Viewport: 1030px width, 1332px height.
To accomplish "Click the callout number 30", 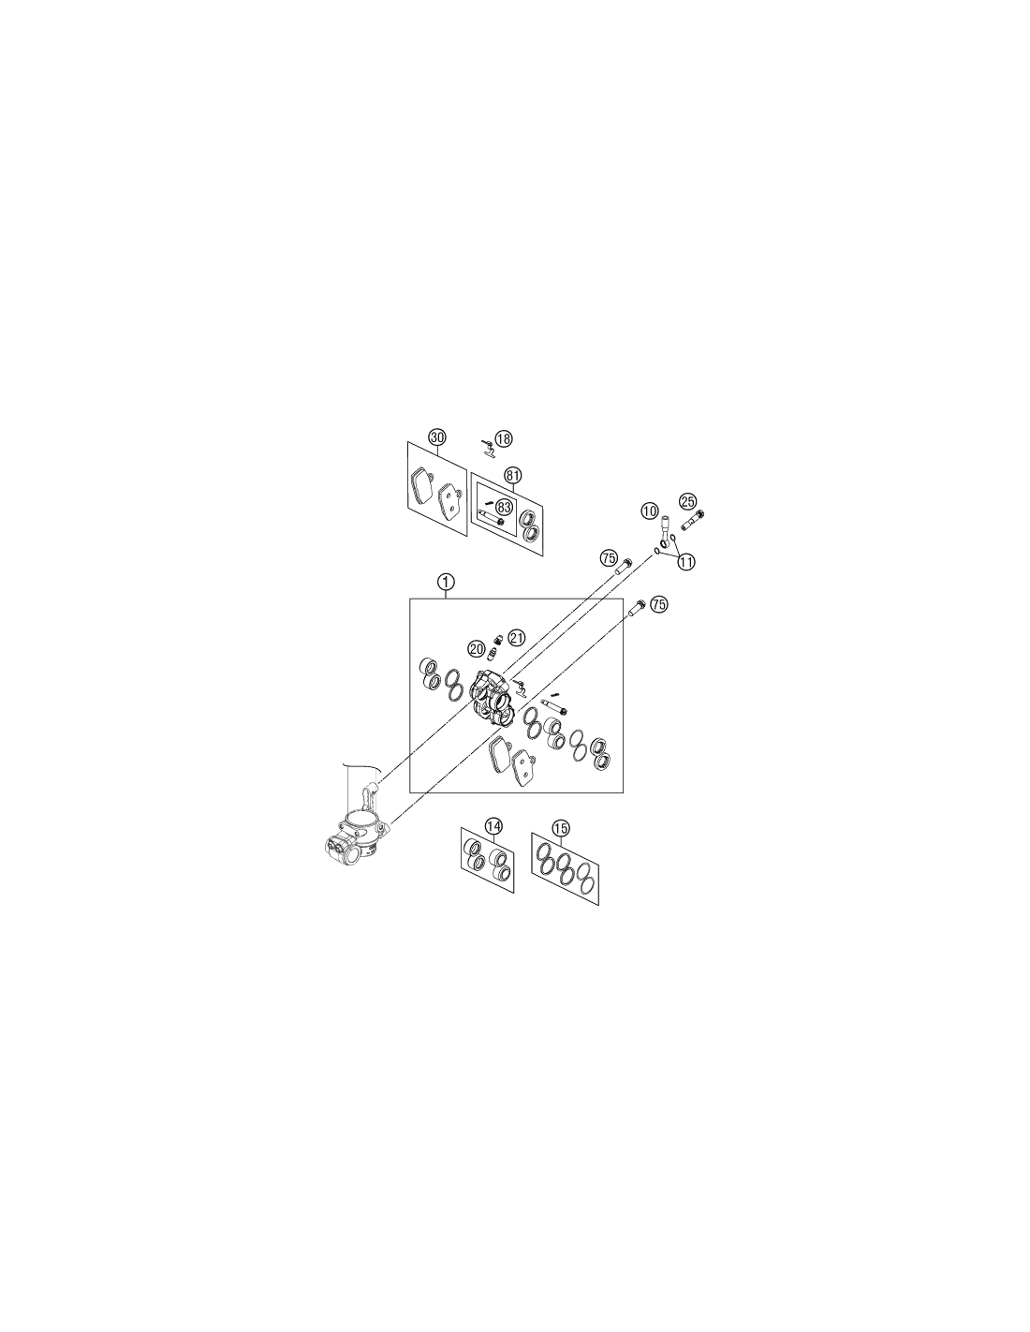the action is pyautogui.click(x=436, y=437).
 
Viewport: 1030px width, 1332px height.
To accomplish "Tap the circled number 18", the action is pyautogui.click(x=504, y=439).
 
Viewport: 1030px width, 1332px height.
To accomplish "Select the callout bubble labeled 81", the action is pyautogui.click(x=512, y=475).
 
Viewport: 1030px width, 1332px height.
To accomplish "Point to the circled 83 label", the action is pyautogui.click(x=504, y=507).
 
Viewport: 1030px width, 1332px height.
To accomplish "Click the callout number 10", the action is pyautogui.click(x=650, y=510).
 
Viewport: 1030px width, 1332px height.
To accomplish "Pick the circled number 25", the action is pyautogui.click(x=687, y=501).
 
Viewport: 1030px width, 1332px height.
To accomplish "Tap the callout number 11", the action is pyautogui.click(x=686, y=560).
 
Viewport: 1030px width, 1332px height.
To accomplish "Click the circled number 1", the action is pyautogui.click(x=446, y=581).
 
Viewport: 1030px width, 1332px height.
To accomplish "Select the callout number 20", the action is pyautogui.click(x=476, y=649).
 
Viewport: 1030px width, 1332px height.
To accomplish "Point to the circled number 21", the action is pyautogui.click(x=517, y=638).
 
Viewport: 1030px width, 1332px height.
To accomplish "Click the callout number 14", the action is pyautogui.click(x=493, y=826).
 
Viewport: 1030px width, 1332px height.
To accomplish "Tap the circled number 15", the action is pyautogui.click(x=560, y=829).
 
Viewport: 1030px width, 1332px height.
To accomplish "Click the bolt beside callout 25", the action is pyautogui.click(x=693, y=521).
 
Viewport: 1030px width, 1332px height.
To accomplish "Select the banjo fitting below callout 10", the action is pyautogui.click(x=664, y=533).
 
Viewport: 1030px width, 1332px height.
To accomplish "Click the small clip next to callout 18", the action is pyautogui.click(x=488, y=450).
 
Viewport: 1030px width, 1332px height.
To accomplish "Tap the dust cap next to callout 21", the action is pyautogui.click(x=498, y=640).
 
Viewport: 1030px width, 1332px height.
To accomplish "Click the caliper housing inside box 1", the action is pyautogui.click(x=489, y=700).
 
